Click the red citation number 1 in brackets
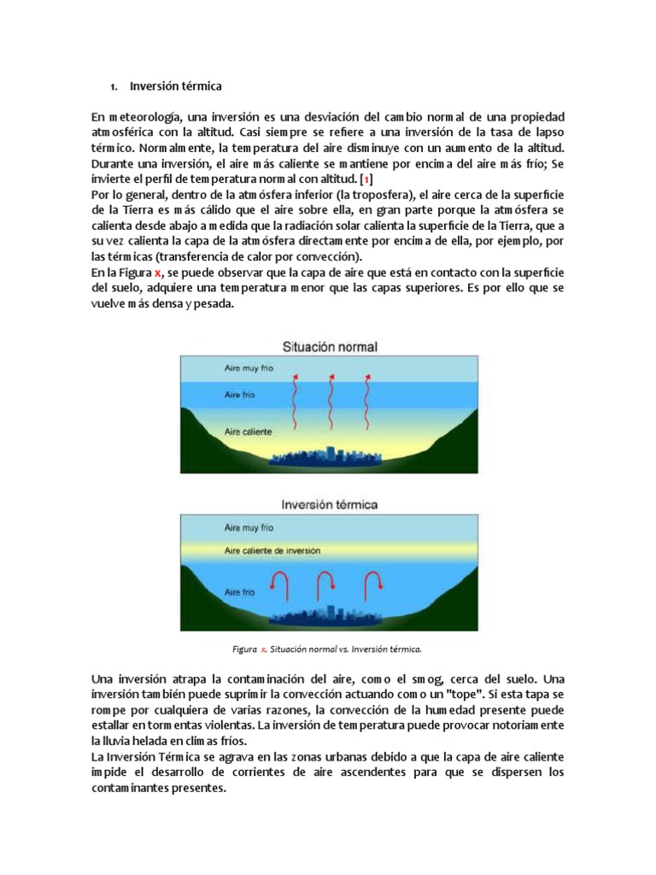[366, 178]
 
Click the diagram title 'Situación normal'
[330, 347]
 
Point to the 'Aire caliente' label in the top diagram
[249, 432]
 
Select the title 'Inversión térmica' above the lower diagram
[330, 505]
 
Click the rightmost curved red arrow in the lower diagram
[372, 584]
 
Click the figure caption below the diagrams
[328, 649]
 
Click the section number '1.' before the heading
[113, 86]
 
